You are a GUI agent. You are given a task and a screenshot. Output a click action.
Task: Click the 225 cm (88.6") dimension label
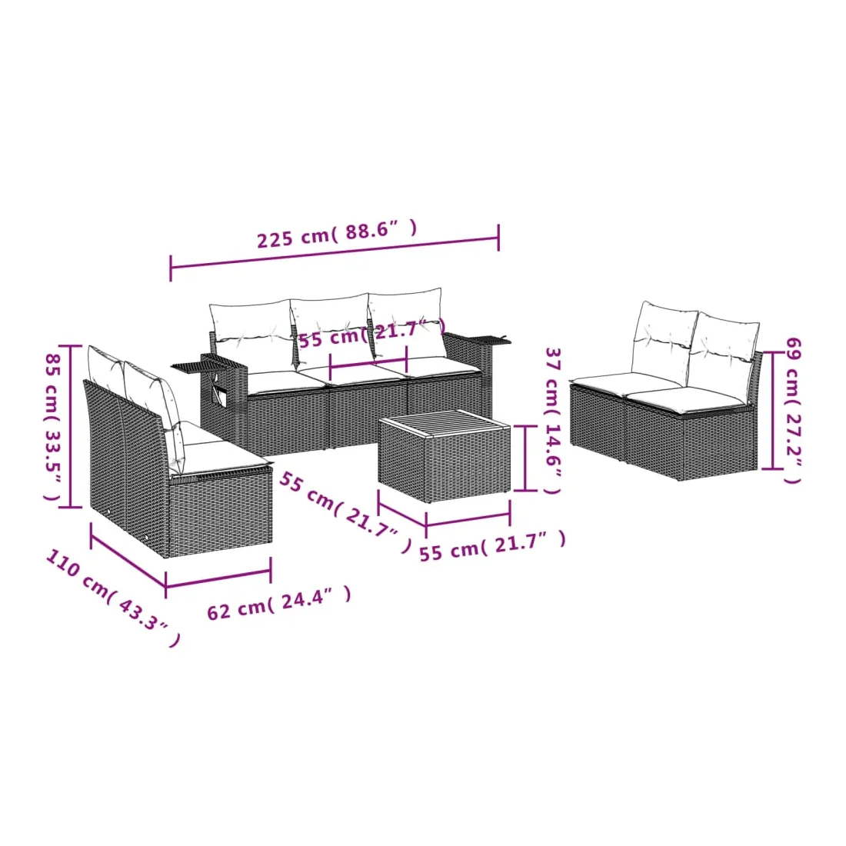click(x=337, y=234)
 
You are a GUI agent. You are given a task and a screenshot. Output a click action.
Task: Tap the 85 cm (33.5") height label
click(x=53, y=426)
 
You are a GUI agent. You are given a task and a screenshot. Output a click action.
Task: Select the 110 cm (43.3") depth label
click(x=113, y=598)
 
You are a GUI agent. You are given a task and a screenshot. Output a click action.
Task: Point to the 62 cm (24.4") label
click(x=279, y=603)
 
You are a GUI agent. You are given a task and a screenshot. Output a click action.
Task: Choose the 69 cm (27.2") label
click(x=793, y=411)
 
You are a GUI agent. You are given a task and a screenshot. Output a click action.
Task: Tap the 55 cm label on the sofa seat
click(x=372, y=334)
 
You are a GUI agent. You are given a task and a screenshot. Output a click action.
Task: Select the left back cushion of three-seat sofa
click(x=251, y=330)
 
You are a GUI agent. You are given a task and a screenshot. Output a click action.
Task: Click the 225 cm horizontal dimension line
click(x=335, y=252)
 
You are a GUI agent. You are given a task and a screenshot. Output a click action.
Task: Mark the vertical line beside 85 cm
click(x=70, y=426)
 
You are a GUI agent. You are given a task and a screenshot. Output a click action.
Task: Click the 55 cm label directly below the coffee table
click(x=493, y=545)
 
